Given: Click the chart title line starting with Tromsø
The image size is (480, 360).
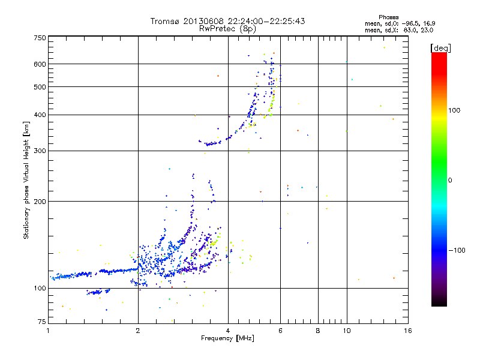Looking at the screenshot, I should coord(227,21).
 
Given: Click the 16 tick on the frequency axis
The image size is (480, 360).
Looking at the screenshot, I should coord(407,331).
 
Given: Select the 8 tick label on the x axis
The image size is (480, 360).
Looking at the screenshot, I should coord(318,331).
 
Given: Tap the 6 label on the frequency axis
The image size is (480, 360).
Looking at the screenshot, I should coord(281,331).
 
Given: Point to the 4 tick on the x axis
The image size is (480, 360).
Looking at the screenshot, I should coord(228,331).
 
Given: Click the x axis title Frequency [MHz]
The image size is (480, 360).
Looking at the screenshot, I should coord(227,339).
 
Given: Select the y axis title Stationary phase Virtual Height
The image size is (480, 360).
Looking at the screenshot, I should coord(26,180).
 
